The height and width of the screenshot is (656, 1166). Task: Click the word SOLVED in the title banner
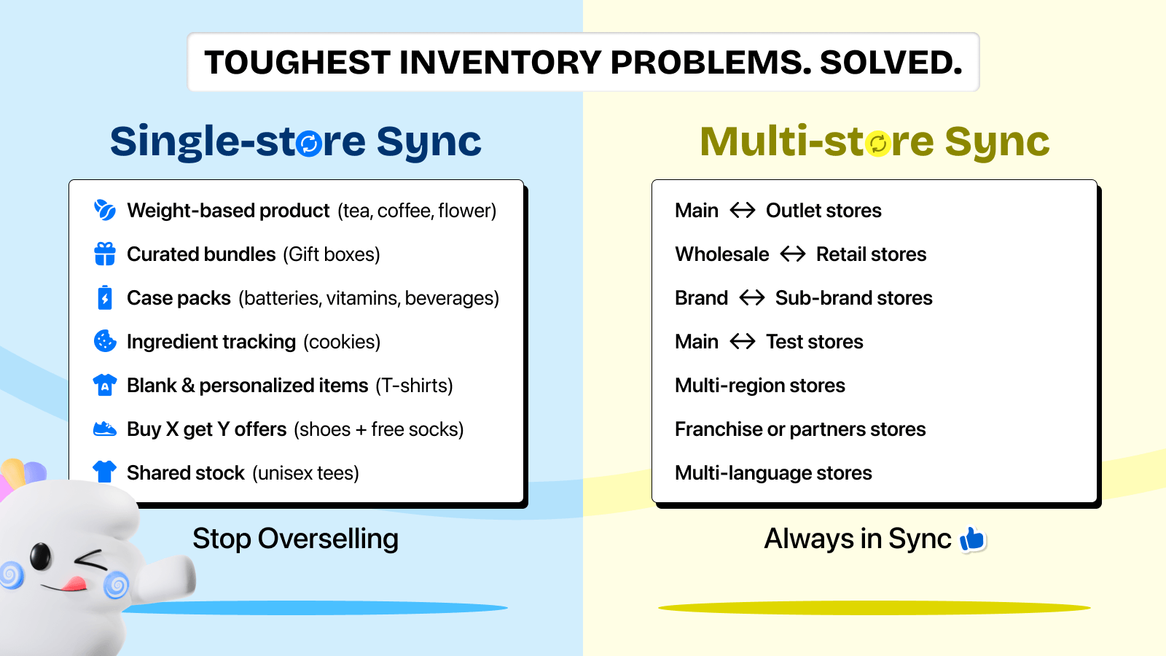(891, 63)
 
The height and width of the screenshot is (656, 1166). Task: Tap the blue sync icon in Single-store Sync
(309, 144)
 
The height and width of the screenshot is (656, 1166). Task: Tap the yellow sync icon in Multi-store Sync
(878, 144)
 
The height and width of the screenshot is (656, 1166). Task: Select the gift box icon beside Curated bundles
(105, 254)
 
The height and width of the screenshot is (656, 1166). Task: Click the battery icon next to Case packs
(105, 298)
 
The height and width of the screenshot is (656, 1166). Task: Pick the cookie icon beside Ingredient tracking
(105, 342)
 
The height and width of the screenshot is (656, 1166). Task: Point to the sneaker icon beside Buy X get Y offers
(105, 429)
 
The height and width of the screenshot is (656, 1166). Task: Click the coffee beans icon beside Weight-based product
(105, 211)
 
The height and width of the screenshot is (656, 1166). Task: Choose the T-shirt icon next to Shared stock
(105, 472)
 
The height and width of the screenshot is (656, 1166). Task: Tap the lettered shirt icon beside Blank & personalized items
(105, 386)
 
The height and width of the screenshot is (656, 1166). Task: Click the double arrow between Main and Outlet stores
(743, 211)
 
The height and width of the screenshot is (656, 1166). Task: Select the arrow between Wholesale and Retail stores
(793, 254)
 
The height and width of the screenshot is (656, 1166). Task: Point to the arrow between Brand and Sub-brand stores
(751, 298)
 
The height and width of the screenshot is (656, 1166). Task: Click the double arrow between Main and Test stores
(743, 342)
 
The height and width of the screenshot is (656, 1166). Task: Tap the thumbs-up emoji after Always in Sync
(972, 539)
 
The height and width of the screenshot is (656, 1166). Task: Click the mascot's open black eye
(41, 556)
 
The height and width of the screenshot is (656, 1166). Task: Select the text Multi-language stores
(773, 473)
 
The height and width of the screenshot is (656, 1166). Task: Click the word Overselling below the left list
(328, 539)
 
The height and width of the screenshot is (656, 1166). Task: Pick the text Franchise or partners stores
(800, 429)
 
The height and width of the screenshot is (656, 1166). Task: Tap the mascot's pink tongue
(75, 583)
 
